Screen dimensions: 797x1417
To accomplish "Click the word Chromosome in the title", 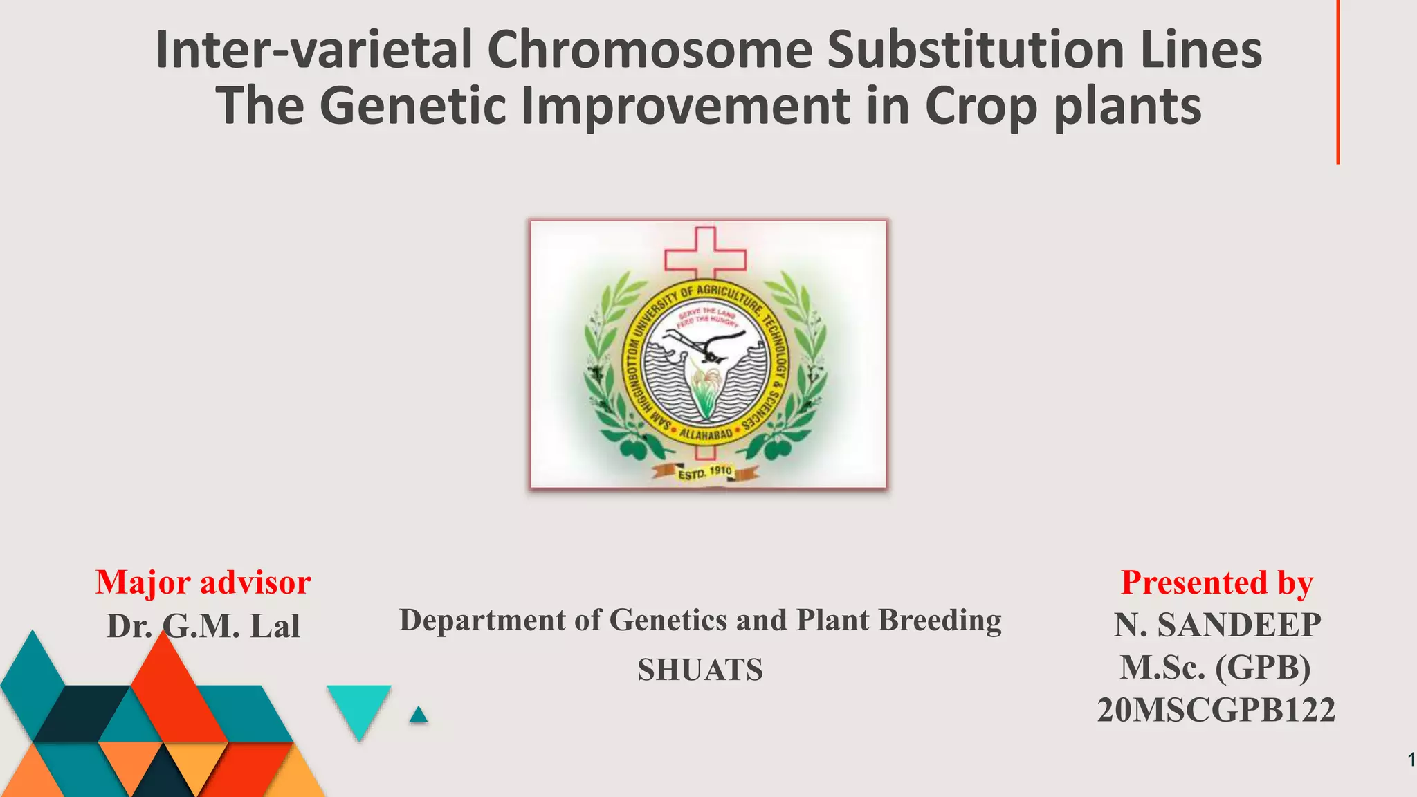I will tap(649, 51).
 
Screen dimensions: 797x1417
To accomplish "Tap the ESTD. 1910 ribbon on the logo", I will tap(705, 473).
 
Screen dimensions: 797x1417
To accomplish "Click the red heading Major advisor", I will tap(203, 583).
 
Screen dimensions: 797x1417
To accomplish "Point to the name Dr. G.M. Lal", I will tap(203, 626).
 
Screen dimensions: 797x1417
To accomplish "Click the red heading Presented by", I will tap(1216, 583).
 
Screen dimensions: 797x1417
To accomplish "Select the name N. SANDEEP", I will tap(1216, 625).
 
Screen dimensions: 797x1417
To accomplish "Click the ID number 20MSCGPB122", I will tap(1216, 711).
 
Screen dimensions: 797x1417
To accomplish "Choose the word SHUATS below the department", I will tap(700, 670).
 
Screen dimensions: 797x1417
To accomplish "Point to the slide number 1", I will tap(1410, 760).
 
